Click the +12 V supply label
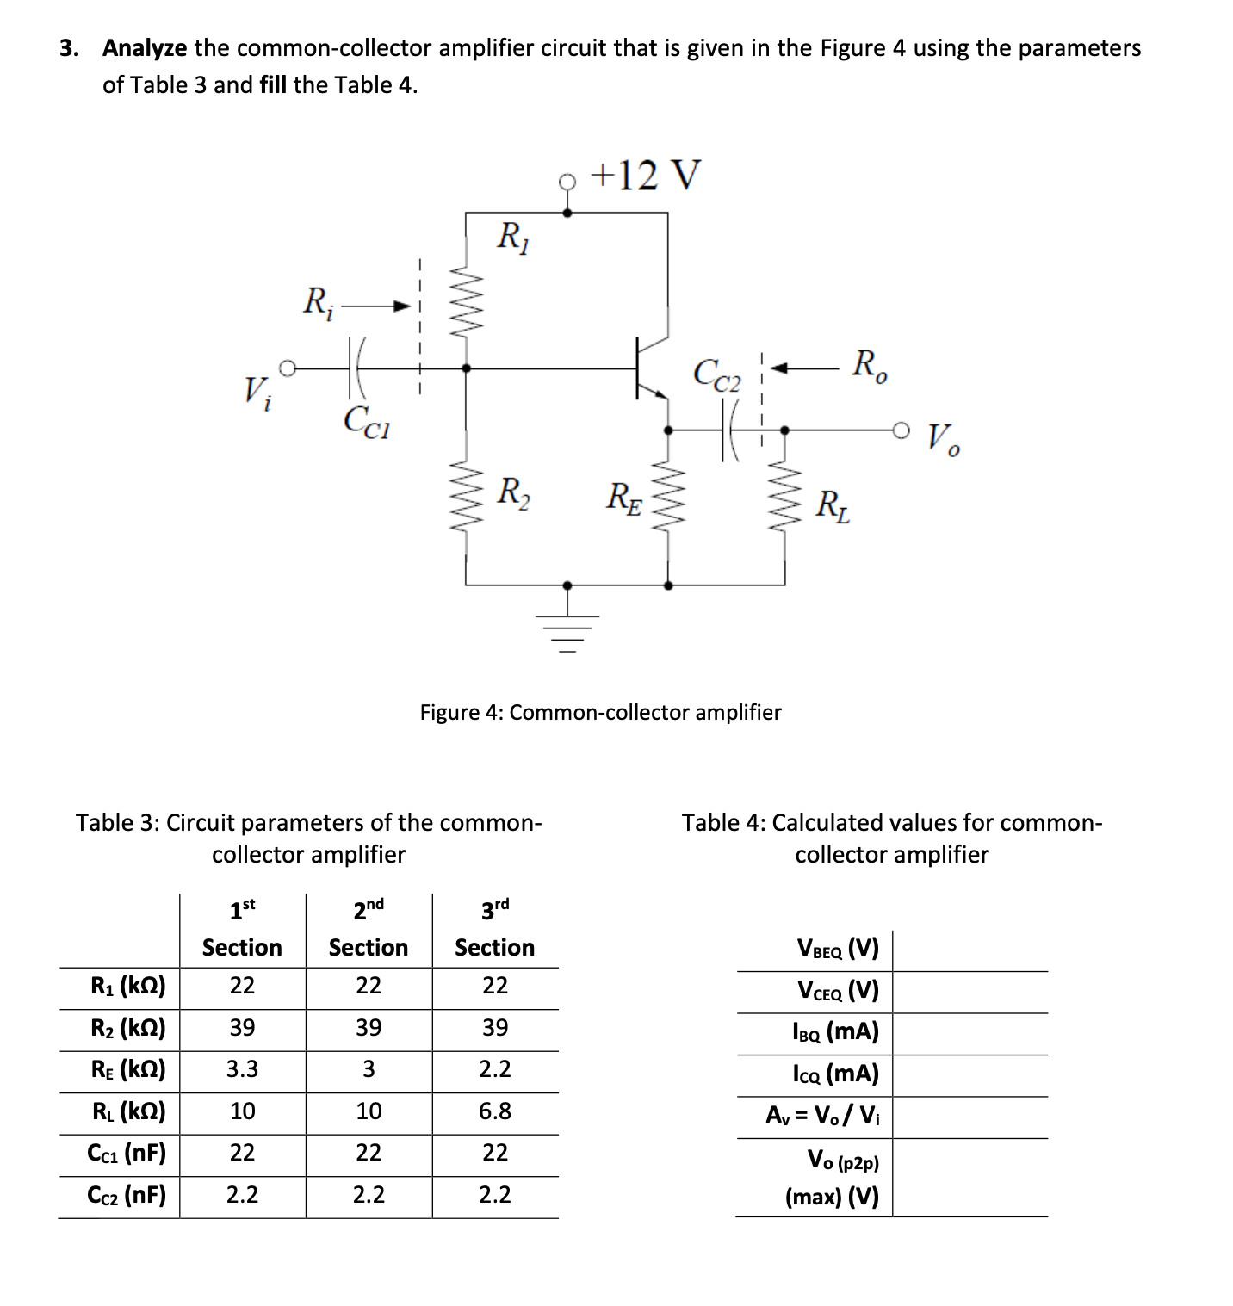[x=646, y=175]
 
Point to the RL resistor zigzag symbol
[x=784, y=497]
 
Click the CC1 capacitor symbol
[x=357, y=368]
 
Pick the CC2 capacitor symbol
[x=730, y=430]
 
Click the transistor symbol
[x=647, y=368]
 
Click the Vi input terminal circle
[x=288, y=368]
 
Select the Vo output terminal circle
[x=901, y=430]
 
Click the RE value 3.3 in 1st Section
[x=242, y=1069]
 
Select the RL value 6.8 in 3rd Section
[x=495, y=1111]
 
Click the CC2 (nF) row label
[x=126, y=1195]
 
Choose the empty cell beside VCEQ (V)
[x=970, y=991]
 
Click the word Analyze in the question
[x=144, y=48]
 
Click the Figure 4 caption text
[x=600, y=712]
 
